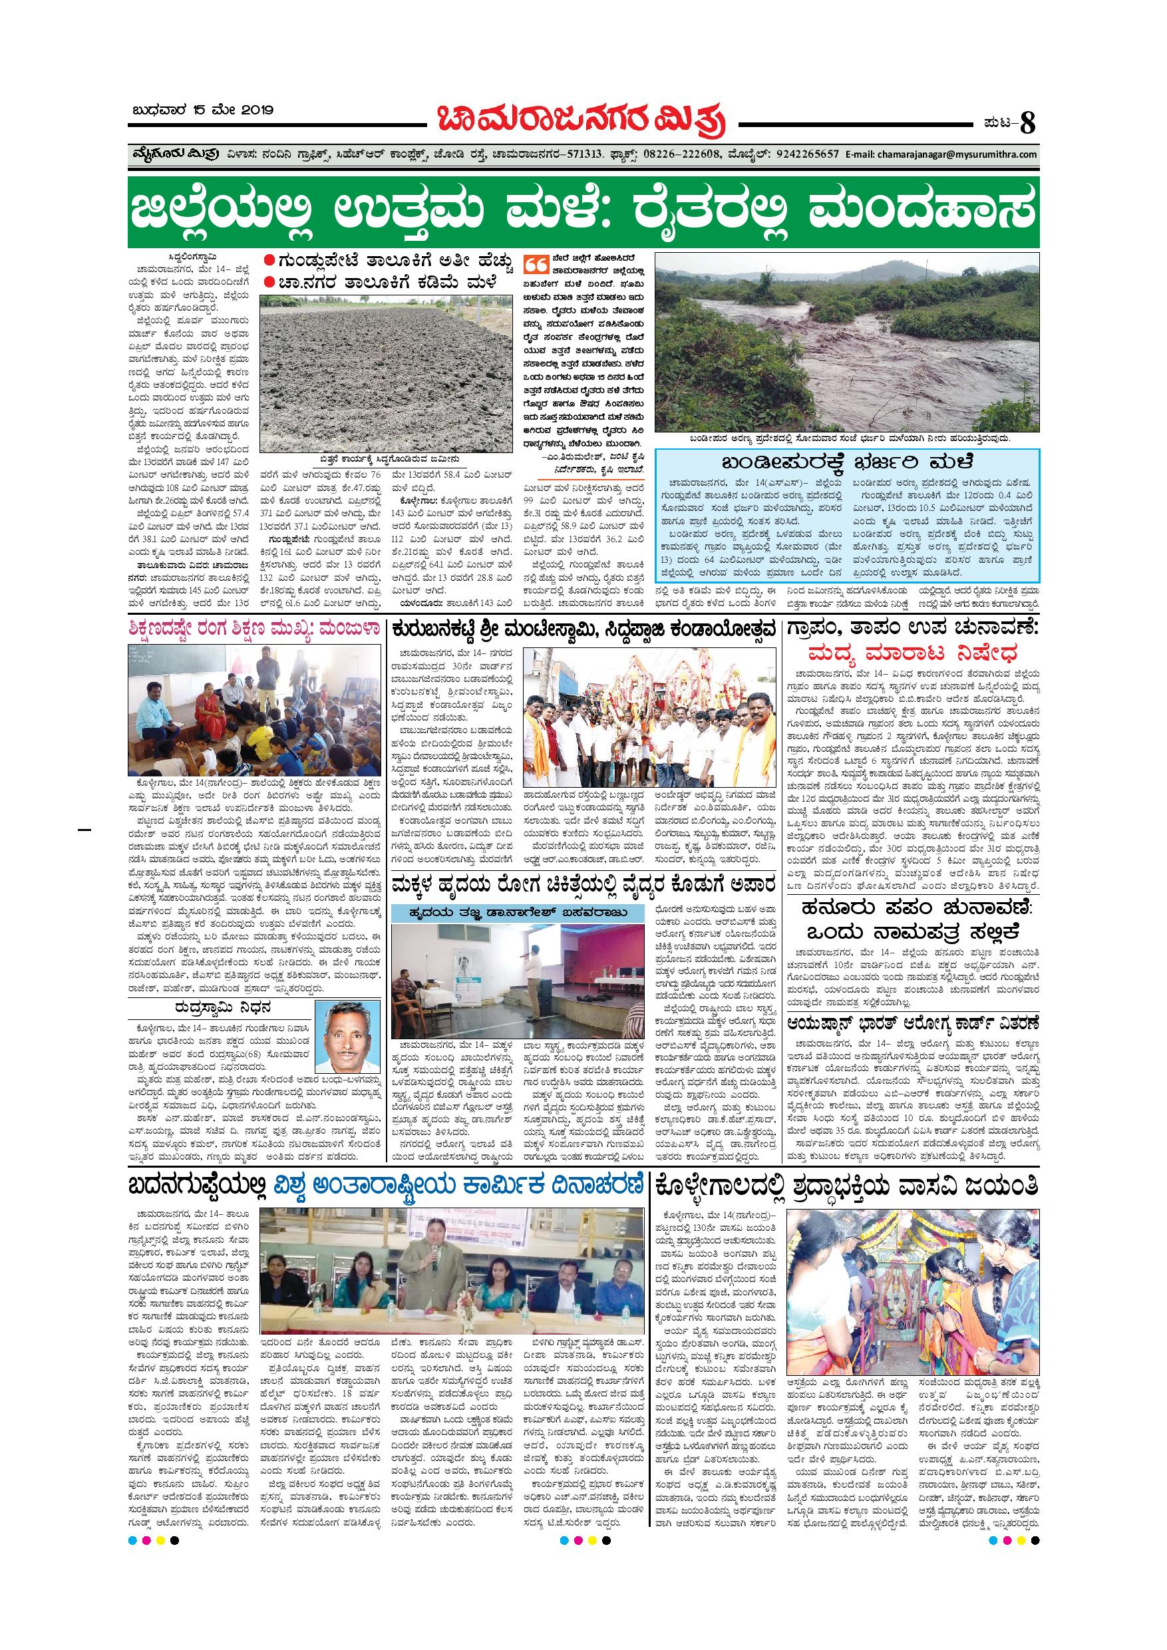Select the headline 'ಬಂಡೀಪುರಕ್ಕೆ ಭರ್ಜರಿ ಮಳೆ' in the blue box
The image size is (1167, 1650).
847,462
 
